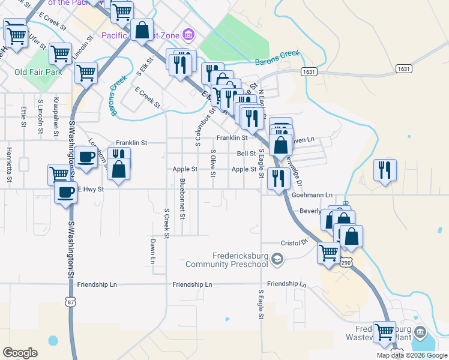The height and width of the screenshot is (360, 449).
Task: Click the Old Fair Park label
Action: tap(38, 73)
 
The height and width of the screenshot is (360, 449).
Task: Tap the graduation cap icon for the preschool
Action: tap(277, 259)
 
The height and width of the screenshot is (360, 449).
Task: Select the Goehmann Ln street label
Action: tap(312, 195)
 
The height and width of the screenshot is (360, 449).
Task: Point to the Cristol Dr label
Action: tap(294, 243)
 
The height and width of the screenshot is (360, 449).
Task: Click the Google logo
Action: tap(20, 352)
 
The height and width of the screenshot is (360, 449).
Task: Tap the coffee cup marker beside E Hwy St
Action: tap(65, 193)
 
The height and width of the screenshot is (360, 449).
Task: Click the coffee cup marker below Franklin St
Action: tap(86, 158)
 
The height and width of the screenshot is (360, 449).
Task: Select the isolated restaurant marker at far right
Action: tap(384, 170)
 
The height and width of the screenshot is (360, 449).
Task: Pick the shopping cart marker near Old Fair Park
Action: tap(61, 54)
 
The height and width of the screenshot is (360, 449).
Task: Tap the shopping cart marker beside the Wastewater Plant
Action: tap(384, 332)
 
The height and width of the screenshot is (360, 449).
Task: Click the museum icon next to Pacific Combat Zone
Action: tap(189, 35)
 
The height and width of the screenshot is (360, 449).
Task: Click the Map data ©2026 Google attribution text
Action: tap(412, 355)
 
